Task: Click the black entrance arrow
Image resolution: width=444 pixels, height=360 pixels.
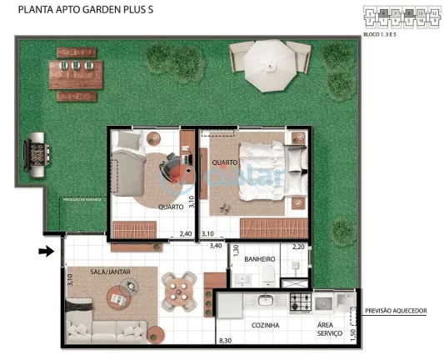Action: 47,249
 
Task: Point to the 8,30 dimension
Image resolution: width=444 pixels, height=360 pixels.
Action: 224,341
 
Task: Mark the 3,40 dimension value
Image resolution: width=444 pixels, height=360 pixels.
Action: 215,246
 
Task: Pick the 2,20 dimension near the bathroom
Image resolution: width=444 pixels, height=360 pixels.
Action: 299,247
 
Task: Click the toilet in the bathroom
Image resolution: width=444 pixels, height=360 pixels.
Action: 267,276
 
